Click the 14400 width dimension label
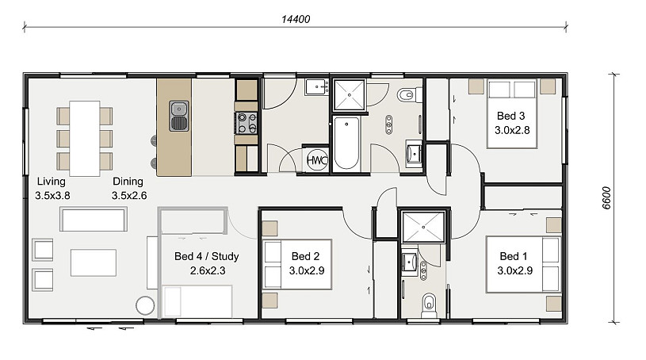click(296, 19)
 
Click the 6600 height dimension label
click(606, 198)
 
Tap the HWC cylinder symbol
click(317, 160)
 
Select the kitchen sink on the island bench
click(179, 116)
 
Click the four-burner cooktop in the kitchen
click(247, 123)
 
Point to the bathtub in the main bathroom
click(346, 143)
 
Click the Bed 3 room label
click(512, 123)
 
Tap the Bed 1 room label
click(514, 263)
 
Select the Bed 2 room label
click(306, 263)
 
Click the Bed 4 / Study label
click(207, 263)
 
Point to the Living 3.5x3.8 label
click(52, 189)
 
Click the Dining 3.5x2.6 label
click(129, 189)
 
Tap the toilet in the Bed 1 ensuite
click(429, 305)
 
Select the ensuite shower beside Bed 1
click(423, 227)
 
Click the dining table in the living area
click(85, 139)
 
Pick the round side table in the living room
click(145, 305)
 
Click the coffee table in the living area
click(93, 262)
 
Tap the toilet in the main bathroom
click(409, 95)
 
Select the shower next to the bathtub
click(350, 95)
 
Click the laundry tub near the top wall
click(317, 87)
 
